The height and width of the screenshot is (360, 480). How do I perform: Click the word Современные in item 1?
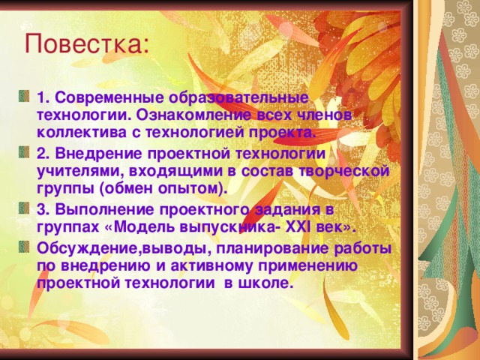[x=103, y=99]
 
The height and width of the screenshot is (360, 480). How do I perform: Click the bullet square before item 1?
[x=25, y=97]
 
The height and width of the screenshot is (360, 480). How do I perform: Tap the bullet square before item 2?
[x=25, y=152]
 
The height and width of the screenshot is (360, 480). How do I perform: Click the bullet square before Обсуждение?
[x=25, y=247]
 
